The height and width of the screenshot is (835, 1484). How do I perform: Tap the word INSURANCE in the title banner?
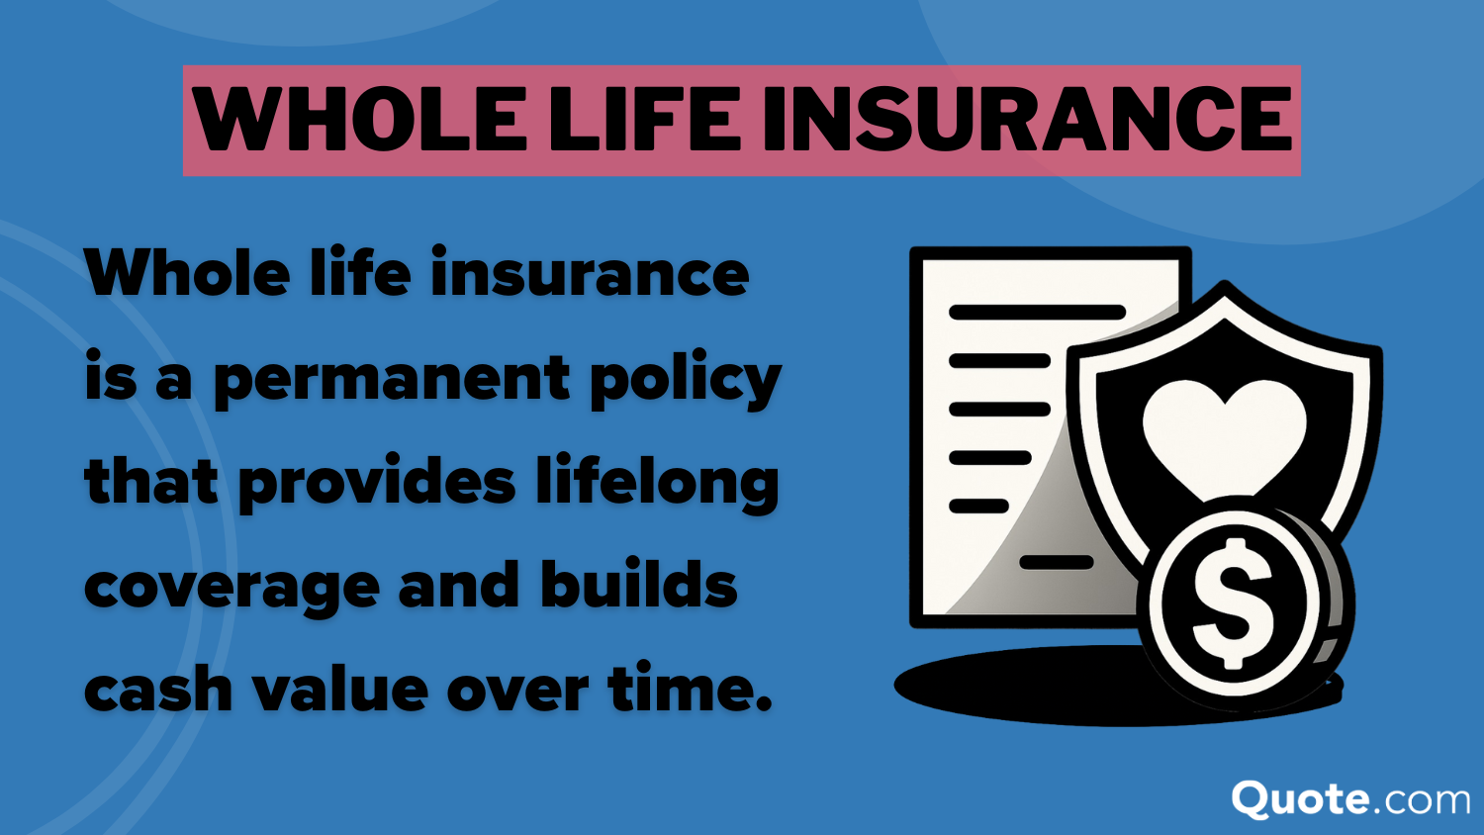1026,120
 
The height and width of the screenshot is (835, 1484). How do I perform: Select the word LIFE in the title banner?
643,120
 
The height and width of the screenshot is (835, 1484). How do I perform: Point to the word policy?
686,378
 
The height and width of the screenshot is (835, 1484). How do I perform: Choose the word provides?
377,482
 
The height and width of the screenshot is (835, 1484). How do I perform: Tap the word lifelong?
657,482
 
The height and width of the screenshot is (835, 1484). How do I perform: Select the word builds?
639,583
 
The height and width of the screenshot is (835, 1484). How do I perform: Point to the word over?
518,693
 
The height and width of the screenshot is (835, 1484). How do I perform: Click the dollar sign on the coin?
1233,603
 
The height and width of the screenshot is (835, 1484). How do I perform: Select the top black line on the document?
1037,312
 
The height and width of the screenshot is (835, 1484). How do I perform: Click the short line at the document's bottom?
1056,563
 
